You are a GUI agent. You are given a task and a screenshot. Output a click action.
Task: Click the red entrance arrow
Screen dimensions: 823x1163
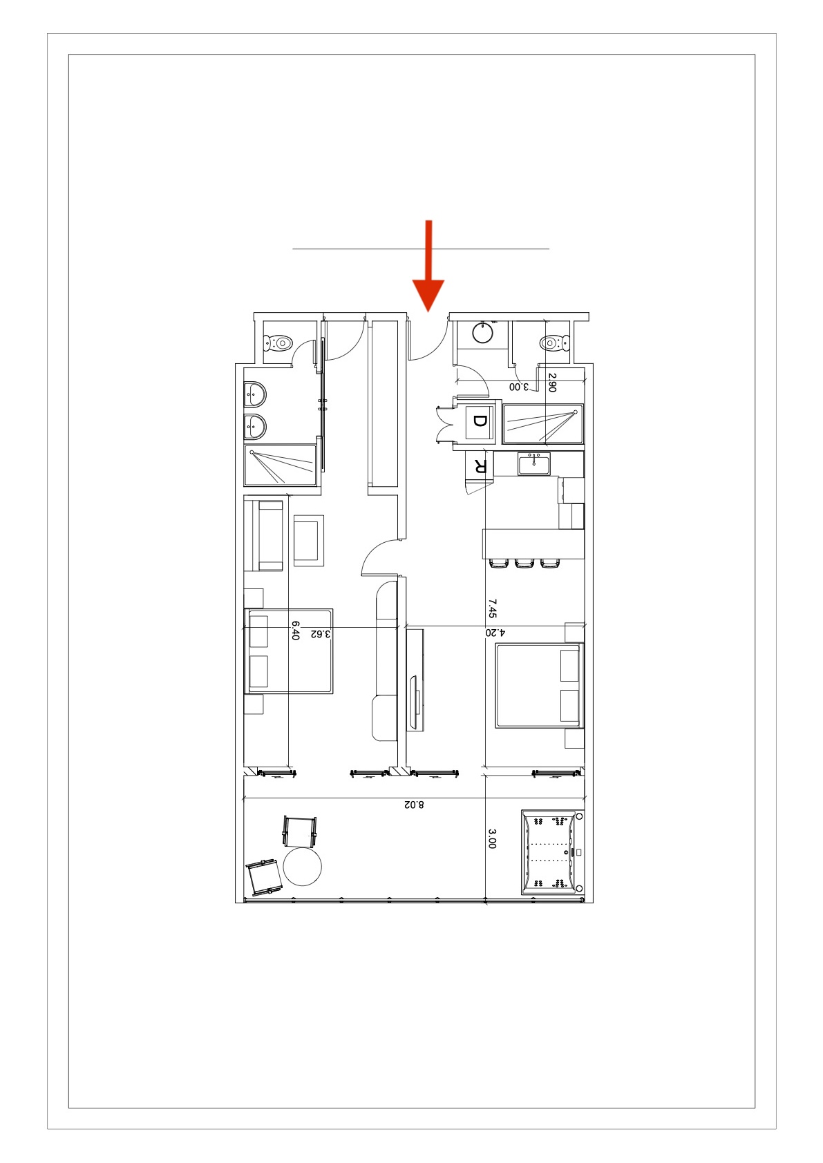tap(428, 266)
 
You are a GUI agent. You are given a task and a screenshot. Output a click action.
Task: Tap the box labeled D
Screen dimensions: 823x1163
tap(479, 421)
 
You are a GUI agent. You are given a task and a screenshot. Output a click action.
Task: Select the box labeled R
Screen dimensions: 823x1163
tap(479, 465)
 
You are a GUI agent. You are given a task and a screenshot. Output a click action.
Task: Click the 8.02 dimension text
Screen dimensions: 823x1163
tap(414, 805)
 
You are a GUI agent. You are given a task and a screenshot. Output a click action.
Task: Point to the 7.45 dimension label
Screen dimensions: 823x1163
tap(492, 608)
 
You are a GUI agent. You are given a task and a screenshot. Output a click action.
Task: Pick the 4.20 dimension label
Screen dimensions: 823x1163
tap(495, 633)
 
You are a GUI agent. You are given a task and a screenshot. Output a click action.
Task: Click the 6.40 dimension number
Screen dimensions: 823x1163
tap(295, 631)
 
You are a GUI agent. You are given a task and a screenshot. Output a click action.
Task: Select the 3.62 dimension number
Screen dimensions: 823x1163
tap(321, 633)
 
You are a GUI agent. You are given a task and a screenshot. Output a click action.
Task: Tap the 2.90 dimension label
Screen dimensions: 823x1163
tap(552, 383)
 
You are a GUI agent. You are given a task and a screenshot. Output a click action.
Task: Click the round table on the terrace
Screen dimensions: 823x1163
tap(303, 867)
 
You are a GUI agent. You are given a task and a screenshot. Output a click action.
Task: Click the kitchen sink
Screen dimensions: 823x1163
tap(533, 463)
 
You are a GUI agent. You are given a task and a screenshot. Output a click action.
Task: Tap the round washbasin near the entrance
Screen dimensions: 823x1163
tap(484, 333)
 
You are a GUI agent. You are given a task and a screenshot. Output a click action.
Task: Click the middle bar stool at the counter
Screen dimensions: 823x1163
tap(524, 563)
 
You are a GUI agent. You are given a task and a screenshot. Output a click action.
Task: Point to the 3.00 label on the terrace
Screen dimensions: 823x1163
tap(492, 839)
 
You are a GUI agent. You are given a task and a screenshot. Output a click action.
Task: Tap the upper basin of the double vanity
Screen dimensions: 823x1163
tap(254, 394)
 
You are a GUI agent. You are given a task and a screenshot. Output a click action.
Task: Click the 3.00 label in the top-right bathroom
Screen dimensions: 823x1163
tap(518, 386)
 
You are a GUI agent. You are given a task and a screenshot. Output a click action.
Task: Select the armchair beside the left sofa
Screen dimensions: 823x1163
tap(309, 541)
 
